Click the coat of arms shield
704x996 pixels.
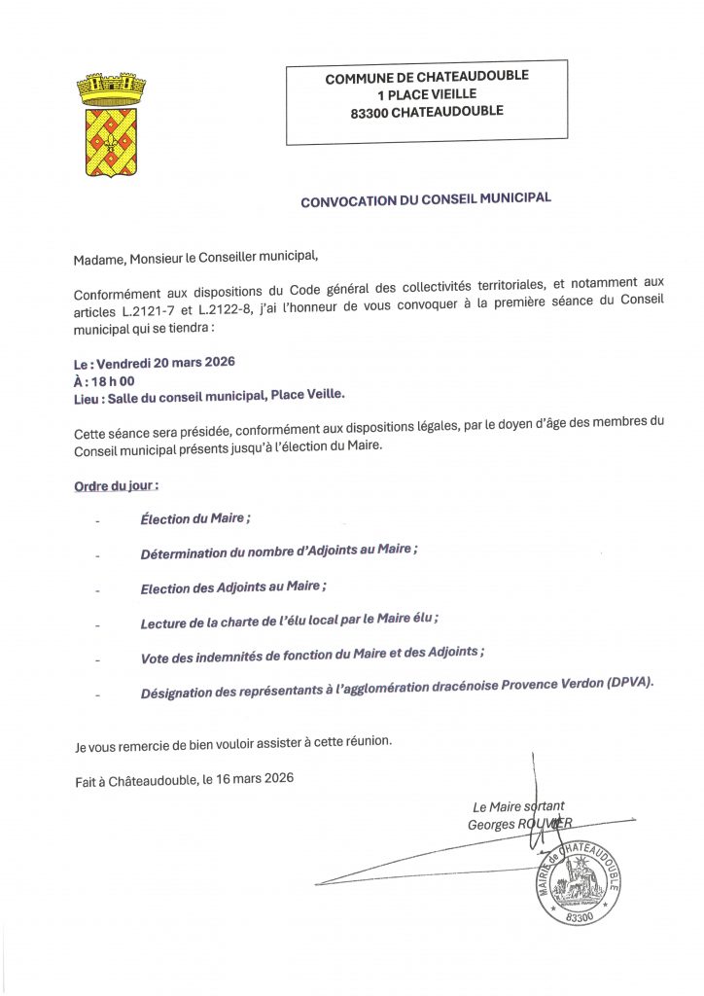pos(110,142)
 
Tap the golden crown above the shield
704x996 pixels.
pos(110,89)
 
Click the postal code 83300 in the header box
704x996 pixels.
pos(372,112)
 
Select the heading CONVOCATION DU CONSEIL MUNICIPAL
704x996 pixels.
pos(426,199)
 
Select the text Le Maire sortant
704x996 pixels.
pos(518,806)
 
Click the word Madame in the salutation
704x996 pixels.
pos(98,258)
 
